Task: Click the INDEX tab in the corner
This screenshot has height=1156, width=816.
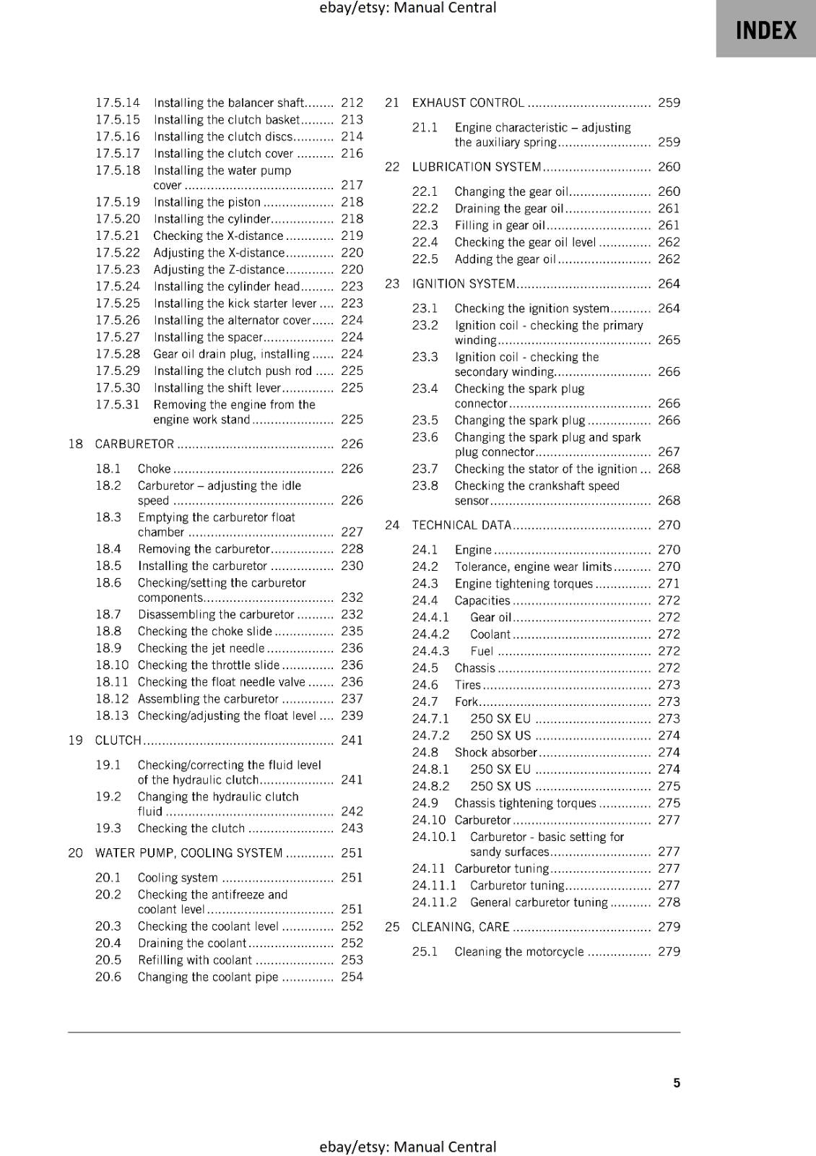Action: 765,30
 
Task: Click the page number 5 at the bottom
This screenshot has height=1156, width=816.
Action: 676,1082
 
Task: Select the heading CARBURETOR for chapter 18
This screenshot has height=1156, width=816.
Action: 134,444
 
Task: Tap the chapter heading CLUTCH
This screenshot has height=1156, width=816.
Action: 118,740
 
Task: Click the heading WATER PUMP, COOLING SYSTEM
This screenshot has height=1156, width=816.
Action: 188,853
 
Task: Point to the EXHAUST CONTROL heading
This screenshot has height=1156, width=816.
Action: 468,103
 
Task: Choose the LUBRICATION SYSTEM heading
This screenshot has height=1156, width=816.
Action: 477,167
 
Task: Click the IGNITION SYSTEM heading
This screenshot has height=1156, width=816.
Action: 464,284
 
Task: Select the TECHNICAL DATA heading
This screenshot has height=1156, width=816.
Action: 461,525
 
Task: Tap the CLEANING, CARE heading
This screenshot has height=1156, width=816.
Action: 461,927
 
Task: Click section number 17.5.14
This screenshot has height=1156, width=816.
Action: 118,103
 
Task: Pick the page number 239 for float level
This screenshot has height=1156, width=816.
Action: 352,715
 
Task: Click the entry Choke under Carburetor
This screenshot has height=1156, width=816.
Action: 155,469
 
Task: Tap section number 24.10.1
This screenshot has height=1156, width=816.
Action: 434,837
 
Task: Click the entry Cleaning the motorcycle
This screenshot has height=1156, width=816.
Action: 518,952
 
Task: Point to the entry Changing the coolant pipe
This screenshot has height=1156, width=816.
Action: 208,977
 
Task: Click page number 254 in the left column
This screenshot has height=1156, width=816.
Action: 352,977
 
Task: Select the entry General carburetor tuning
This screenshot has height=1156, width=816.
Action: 539,902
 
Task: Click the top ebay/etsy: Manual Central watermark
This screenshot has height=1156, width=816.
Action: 407,8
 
